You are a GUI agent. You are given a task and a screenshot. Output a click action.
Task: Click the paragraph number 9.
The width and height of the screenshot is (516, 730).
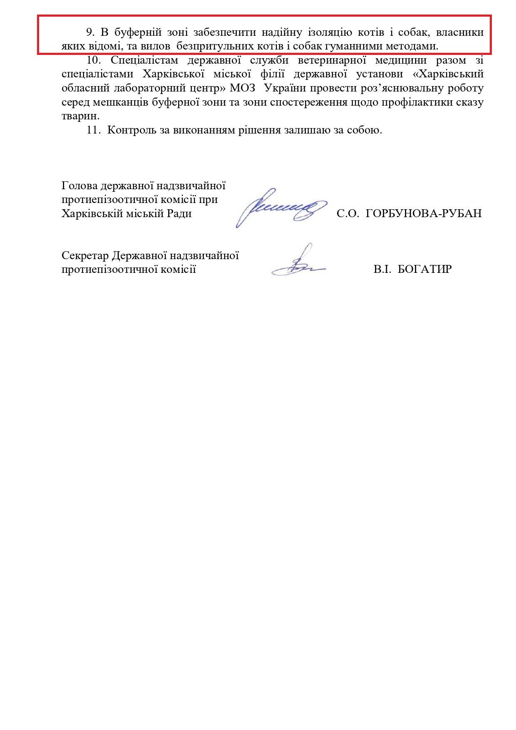(90, 32)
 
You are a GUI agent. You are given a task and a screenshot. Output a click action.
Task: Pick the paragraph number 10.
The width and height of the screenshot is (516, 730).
(94, 60)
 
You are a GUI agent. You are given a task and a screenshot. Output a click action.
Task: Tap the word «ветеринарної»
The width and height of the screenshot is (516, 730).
(332, 60)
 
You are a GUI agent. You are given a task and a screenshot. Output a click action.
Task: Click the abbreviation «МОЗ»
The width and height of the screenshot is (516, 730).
(242, 88)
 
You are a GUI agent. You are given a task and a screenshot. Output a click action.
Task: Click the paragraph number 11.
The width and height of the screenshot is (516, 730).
(94, 130)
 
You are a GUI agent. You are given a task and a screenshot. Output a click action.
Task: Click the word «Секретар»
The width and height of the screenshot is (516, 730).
(85, 255)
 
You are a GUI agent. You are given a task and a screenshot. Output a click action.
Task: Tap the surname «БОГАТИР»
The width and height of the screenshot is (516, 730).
(424, 270)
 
